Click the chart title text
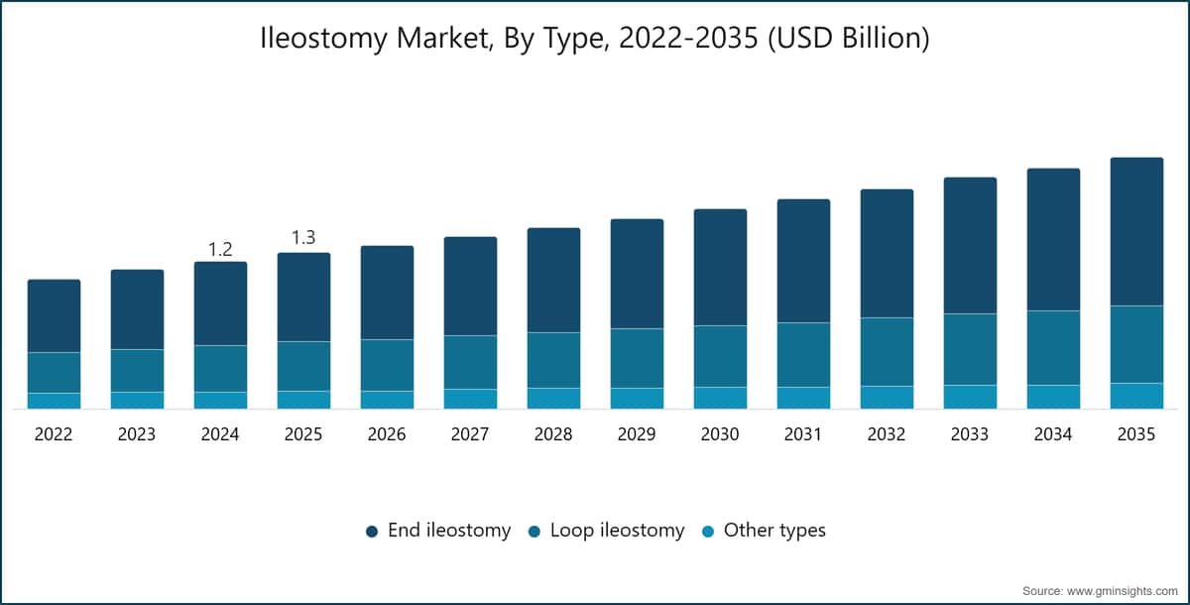594,39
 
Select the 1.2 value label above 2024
220,249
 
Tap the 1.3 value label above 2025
303,237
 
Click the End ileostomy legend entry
438,530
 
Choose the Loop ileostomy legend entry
606,530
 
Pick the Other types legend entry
764,530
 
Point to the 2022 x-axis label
54,434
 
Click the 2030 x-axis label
720,434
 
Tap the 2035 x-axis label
1136,434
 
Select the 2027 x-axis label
470,434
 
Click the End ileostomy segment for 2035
1136,232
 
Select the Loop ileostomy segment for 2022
55,373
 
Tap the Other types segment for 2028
553,399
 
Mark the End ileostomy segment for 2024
220,303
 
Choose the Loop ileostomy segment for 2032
888,352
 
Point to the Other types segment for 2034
1053,397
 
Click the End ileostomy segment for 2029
637,274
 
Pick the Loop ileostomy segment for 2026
388,365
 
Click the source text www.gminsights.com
1122,591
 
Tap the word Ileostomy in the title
323,39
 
